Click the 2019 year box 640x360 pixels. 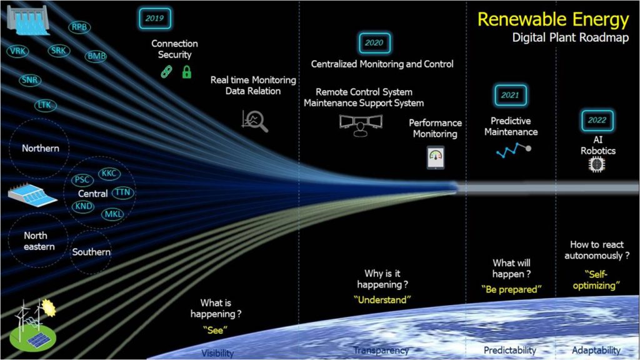[x=155, y=18]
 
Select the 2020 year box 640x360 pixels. [x=374, y=43]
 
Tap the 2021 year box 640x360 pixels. [x=510, y=95]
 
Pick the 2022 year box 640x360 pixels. [x=597, y=120]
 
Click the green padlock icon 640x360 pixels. [x=186, y=72]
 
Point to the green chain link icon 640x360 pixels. [x=166, y=72]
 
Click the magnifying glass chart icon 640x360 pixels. [x=255, y=121]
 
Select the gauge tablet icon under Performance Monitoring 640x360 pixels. [x=436, y=158]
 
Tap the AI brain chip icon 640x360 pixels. [x=597, y=164]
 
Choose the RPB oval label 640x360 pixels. [x=79, y=27]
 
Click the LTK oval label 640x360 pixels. [x=45, y=105]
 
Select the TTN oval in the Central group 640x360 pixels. [x=123, y=192]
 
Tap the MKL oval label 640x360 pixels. [x=113, y=214]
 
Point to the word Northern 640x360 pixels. [x=41, y=148]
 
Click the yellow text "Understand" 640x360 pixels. [x=382, y=300]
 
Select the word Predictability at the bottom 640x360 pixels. [x=510, y=350]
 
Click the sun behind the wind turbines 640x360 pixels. [x=48, y=307]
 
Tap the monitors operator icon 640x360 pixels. [x=361, y=125]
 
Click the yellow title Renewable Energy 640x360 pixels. [x=553, y=19]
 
